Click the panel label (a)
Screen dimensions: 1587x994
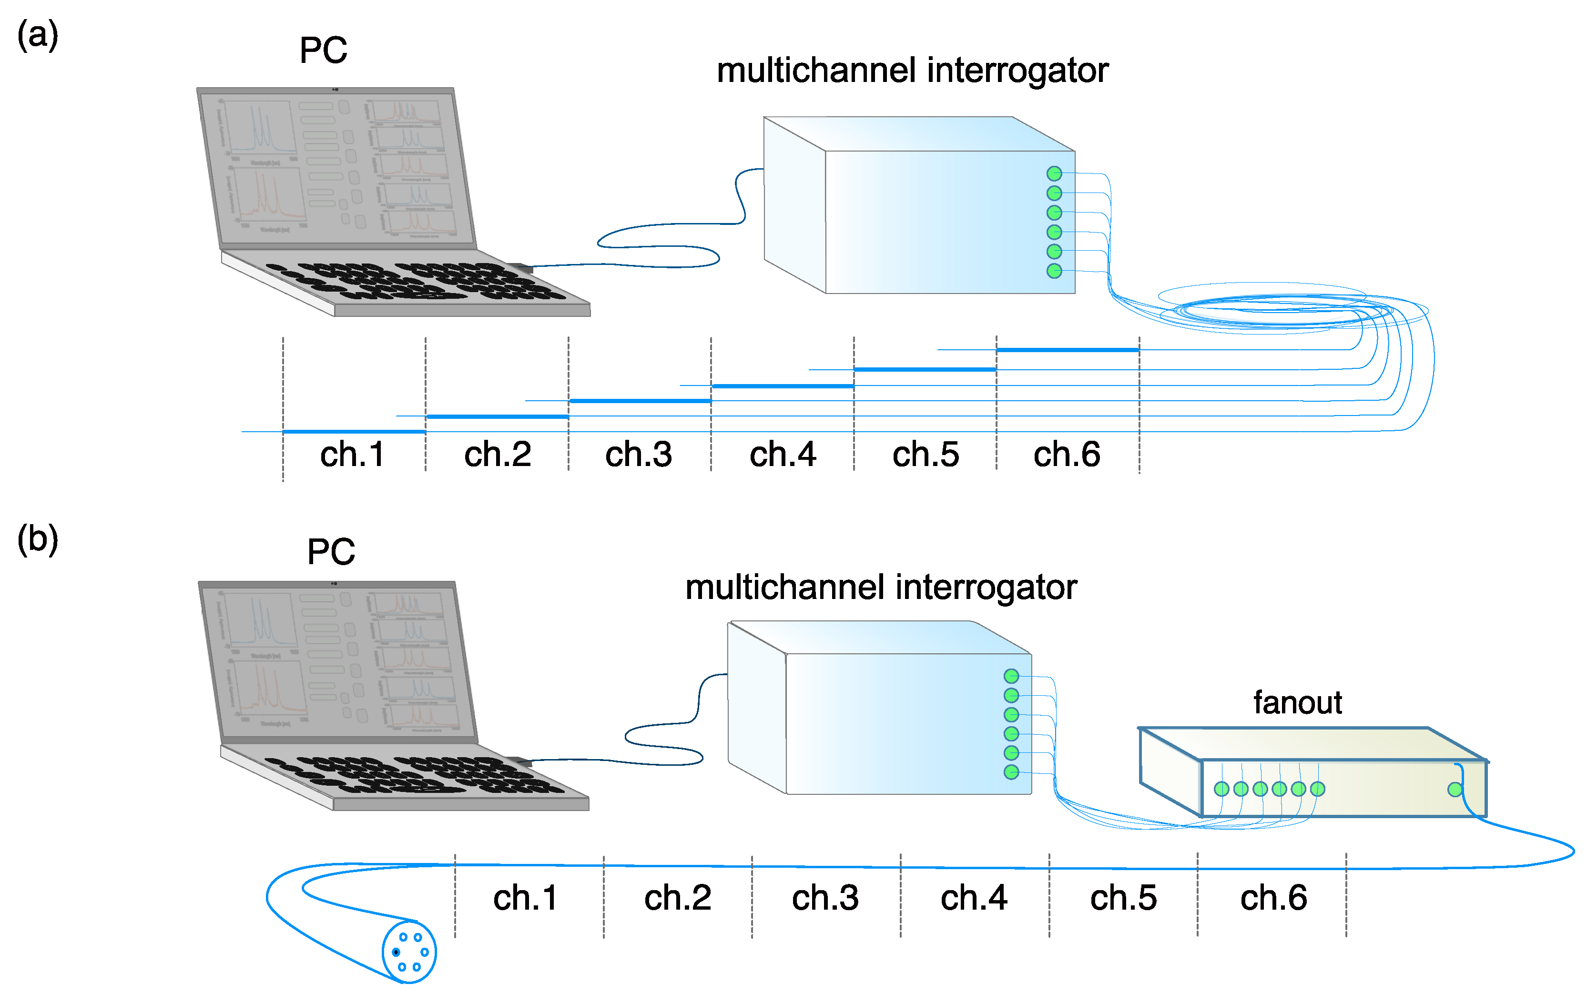[38, 35]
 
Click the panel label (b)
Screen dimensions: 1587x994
[38, 539]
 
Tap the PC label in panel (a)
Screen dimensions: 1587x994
[323, 50]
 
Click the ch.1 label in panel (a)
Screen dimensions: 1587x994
[352, 454]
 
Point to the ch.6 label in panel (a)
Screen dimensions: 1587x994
[1066, 454]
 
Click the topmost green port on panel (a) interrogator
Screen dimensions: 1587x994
[1054, 173]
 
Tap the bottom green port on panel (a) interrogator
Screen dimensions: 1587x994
[1054, 271]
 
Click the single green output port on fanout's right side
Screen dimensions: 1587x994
[1455, 789]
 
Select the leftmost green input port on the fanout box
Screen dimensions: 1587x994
[1221, 789]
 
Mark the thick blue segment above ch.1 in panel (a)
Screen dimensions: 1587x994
[354, 431]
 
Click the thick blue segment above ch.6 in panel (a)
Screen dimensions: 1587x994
[1067, 350]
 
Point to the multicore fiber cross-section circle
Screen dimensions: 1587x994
[409, 952]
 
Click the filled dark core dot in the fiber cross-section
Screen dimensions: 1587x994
[396, 952]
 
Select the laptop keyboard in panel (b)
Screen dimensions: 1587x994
[414, 776]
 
